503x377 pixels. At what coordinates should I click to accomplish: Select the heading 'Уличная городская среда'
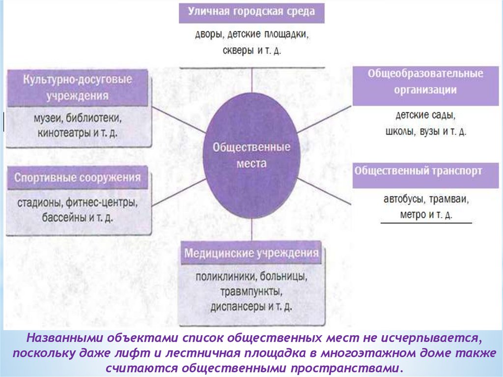coord(251,11)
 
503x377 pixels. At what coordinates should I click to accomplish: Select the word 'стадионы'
coord(38,202)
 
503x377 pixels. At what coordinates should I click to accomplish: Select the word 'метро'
coord(412,215)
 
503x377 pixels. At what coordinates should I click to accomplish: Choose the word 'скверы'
coord(238,50)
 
